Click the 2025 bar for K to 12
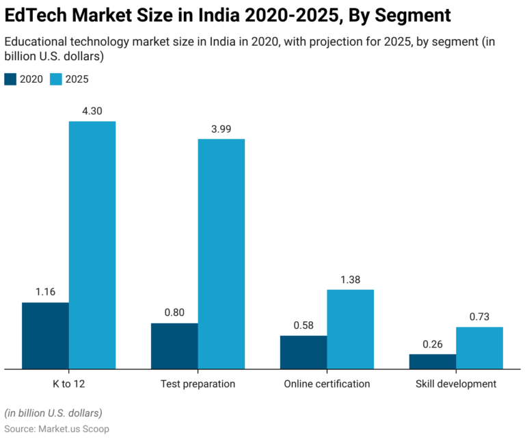click(x=92, y=245)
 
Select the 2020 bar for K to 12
click(x=45, y=335)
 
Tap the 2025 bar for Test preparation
click(x=221, y=254)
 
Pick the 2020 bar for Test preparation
click(x=174, y=346)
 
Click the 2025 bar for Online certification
click(x=350, y=329)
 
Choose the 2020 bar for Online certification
click(x=304, y=352)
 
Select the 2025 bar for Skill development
click(x=479, y=347)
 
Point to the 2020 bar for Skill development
click(x=432, y=361)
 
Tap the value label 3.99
click(x=221, y=129)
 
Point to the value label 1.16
click(x=45, y=292)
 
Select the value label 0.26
click(x=432, y=344)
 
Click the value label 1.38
click(x=350, y=279)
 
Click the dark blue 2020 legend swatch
click(x=10, y=79)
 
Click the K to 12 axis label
click(x=68, y=384)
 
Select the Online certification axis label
click(x=327, y=384)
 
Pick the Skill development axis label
click(x=456, y=384)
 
